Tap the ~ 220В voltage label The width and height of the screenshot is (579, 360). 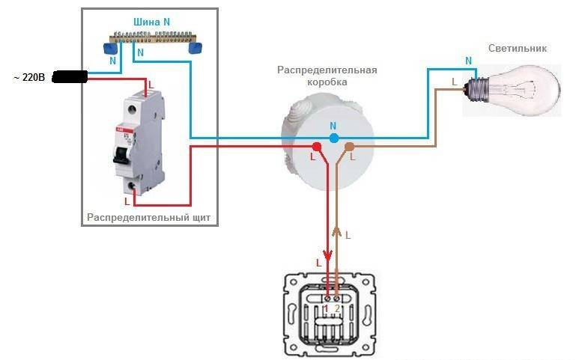[30, 77]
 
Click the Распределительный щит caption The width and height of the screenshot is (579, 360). [148, 217]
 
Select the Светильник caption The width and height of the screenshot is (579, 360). [518, 48]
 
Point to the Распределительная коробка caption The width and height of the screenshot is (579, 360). [327, 77]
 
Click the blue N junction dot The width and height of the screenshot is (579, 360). [334, 138]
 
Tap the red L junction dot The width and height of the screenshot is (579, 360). [317, 146]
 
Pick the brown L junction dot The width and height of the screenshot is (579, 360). [349, 146]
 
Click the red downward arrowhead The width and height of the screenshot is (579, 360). [327, 255]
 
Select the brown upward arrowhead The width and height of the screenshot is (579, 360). [338, 234]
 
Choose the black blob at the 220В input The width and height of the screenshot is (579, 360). [71, 76]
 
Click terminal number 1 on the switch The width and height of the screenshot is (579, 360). [327, 308]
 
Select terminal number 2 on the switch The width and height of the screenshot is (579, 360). [337, 308]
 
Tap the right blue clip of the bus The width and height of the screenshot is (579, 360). [196, 48]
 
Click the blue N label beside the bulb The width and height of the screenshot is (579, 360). [469, 61]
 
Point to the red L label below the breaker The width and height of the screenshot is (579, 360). [127, 201]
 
